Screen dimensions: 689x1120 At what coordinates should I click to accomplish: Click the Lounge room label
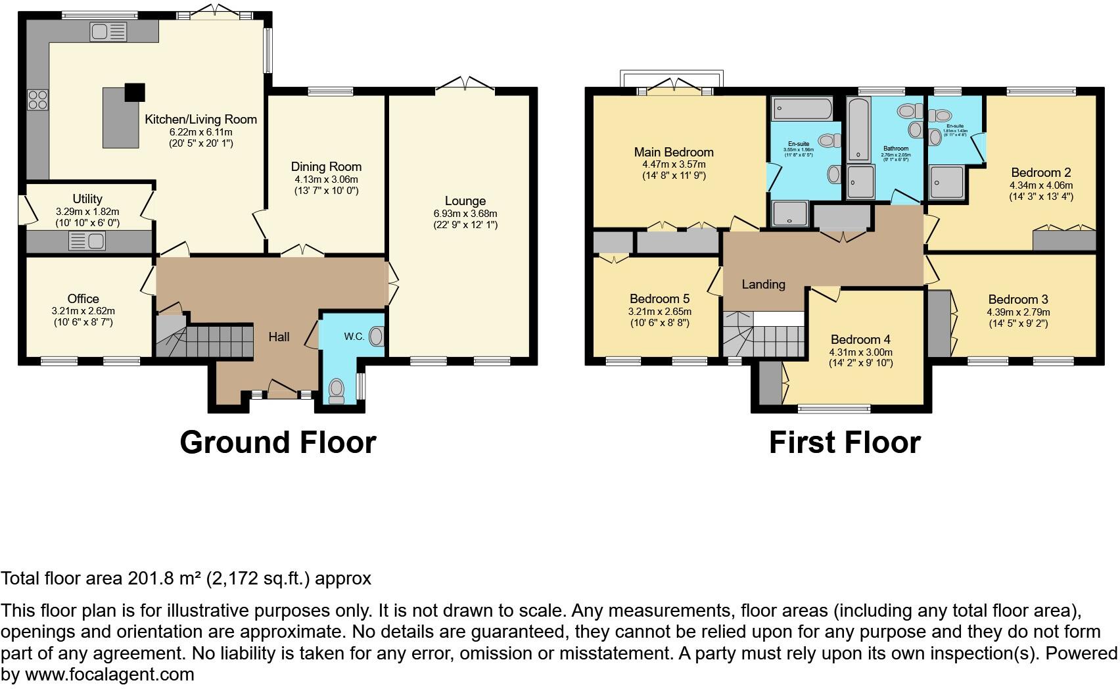pyautogui.click(x=465, y=201)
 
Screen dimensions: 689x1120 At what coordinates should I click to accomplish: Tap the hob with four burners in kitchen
pyautogui.click(x=37, y=99)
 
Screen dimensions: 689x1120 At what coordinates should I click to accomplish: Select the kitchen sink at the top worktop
pyautogui.click(x=108, y=32)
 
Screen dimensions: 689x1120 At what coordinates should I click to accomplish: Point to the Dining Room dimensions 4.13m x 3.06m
pyautogui.click(x=326, y=179)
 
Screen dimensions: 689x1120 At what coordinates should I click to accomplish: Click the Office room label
pyautogui.click(x=83, y=298)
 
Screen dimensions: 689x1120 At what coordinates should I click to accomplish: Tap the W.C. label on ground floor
pyautogui.click(x=354, y=337)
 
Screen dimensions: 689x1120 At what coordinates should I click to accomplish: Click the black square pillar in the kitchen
pyautogui.click(x=135, y=92)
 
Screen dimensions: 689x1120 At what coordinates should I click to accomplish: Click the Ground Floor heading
pyautogui.click(x=278, y=442)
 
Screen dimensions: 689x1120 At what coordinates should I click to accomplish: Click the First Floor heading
pyautogui.click(x=845, y=442)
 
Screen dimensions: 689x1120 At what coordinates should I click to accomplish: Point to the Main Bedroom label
pyautogui.click(x=674, y=152)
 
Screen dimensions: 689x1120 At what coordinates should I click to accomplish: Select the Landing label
pyautogui.click(x=763, y=284)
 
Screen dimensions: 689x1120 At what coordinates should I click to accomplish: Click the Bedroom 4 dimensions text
pyautogui.click(x=860, y=352)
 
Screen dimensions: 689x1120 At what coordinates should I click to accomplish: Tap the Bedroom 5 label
pyautogui.click(x=660, y=298)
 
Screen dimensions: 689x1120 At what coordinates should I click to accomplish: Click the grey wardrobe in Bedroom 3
pyautogui.click(x=939, y=323)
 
